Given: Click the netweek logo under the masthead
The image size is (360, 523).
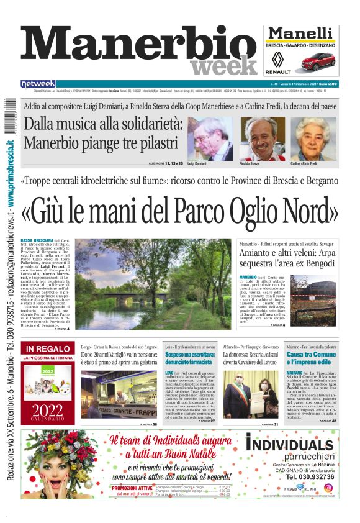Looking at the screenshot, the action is [38, 83].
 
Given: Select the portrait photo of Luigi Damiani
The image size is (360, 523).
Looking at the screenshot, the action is [209, 139].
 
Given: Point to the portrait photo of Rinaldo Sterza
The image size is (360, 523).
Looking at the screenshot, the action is [259, 139].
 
